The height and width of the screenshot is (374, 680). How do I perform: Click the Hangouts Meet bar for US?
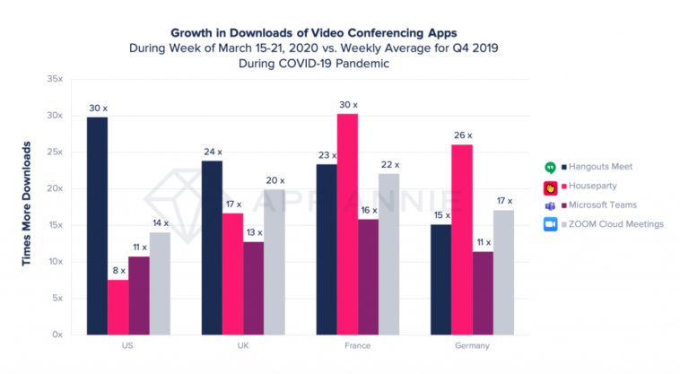pyautogui.click(x=98, y=225)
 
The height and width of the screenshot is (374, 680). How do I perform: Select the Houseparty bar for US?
pyautogui.click(x=118, y=307)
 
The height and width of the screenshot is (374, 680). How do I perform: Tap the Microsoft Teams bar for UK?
pyautogui.click(x=253, y=288)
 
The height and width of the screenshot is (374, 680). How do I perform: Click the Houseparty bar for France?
pyautogui.click(x=347, y=224)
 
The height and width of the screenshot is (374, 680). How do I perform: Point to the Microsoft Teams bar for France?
pyautogui.click(x=368, y=276)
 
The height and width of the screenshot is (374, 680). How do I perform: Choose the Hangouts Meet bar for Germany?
pyautogui.click(x=440, y=279)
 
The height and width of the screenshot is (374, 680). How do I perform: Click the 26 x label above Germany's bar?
pyautogui.click(x=463, y=135)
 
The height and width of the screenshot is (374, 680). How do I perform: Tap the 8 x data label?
pyautogui.click(x=118, y=270)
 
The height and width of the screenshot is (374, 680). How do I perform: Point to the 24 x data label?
pyautogui.click(x=212, y=152)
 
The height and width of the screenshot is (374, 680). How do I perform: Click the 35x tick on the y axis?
pyautogui.click(x=55, y=79)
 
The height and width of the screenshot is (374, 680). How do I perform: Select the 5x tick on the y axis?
pyautogui.click(x=57, y=298)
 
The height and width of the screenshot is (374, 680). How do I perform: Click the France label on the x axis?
pyautogui.click(x=357, y=345)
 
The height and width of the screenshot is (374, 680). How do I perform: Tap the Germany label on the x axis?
pyautogui.click(x=472, y=345)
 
